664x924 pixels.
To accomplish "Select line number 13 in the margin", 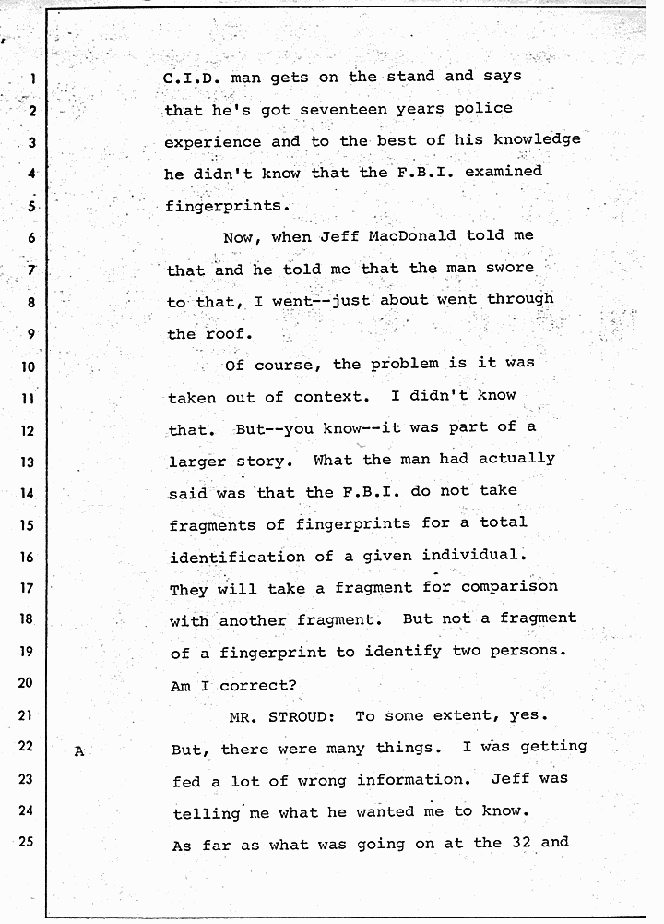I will coord(27,462).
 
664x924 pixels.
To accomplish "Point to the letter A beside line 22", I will coord(78,751).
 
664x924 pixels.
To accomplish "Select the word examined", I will coord(504,171).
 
